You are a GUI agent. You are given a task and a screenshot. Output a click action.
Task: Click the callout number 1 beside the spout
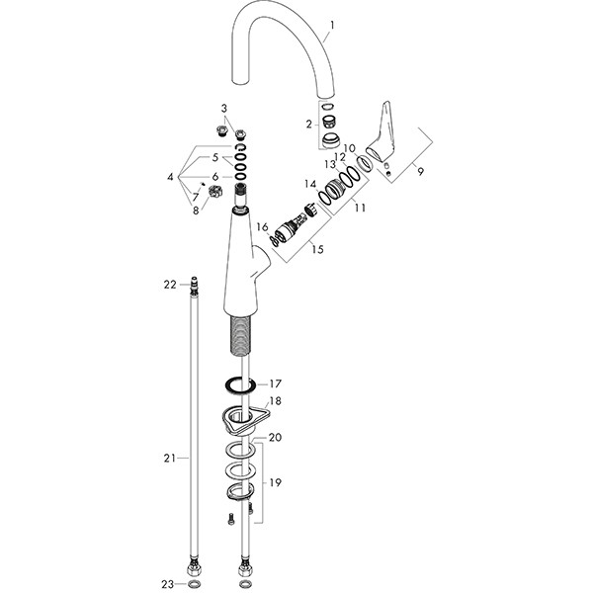332,26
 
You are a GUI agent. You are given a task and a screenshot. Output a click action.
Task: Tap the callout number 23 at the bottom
168,584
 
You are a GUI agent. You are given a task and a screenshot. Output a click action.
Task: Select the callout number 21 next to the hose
170,458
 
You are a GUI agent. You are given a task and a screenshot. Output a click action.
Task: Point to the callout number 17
276,383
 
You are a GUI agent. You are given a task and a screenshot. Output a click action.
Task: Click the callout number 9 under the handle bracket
421,171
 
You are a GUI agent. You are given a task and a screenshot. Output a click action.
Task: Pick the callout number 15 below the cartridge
317,249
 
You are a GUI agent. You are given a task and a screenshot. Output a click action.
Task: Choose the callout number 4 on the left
170,177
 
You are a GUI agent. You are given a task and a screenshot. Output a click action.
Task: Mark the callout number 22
170,284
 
